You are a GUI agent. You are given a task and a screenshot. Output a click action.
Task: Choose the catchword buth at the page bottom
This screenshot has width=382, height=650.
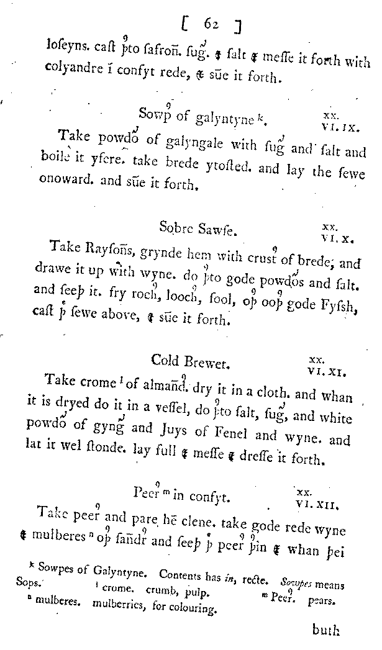[326, 631]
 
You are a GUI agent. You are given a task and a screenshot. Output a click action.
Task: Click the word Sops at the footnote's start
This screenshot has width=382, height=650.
[28, 584]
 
